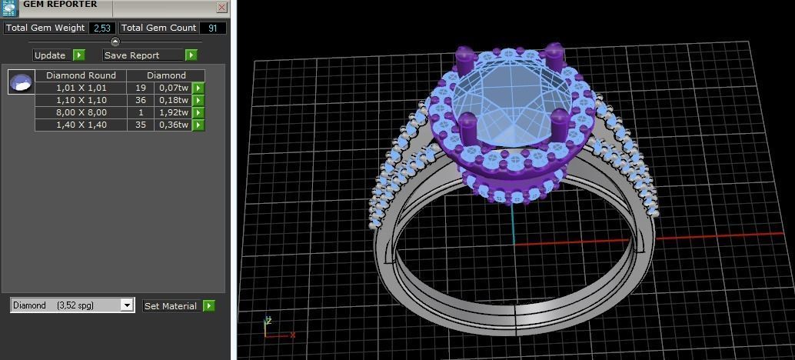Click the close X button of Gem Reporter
[221, 7]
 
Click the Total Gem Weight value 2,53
[101, 28]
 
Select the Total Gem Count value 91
[212, 28]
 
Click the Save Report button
[143, 55]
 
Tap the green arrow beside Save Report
[191, 55]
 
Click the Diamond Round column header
[81, 75]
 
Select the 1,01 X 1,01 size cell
[81, 88]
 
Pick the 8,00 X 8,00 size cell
[81, 112]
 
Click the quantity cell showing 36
[141, 100]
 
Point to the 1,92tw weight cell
[173, 112]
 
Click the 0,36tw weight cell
[173, 125]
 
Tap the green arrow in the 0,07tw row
[198, 88]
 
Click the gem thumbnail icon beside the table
[21, 82]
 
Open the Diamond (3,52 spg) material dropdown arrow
[128, 305]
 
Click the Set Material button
[171, 306]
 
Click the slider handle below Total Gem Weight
[115, 42]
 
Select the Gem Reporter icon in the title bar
[9, 8]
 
